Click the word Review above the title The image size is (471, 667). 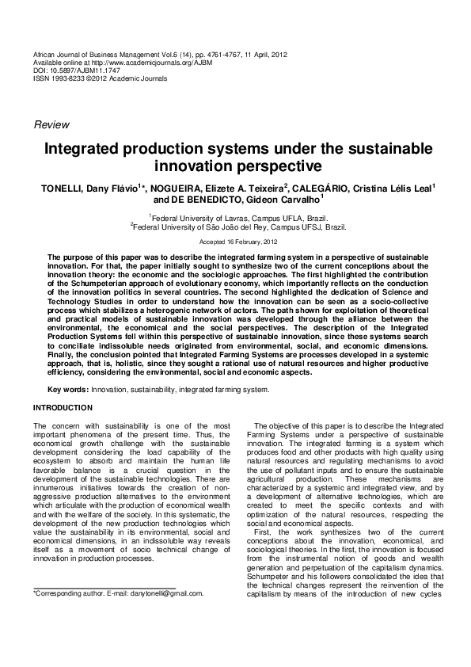pyautogui.click(x=51, y=124)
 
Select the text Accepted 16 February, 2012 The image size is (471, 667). pyautogui.click(x=235, y=241)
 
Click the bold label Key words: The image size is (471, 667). pyautogui.click(x=68, y=390)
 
